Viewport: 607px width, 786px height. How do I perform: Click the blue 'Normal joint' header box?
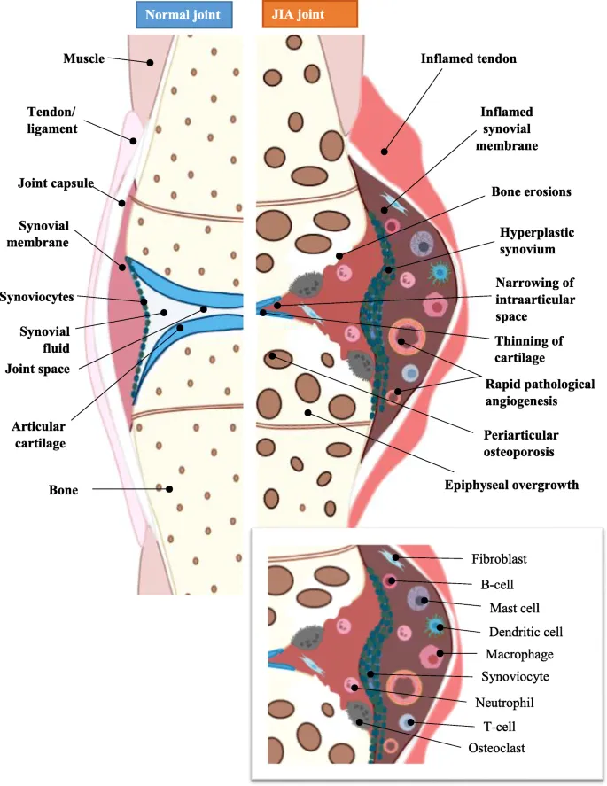(183, 14)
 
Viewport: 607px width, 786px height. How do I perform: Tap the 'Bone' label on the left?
(63, 489)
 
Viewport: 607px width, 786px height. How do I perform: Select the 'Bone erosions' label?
(531, 191)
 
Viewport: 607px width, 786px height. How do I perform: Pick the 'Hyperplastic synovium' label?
(537, 241)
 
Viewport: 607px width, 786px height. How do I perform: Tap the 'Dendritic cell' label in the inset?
(525, 632)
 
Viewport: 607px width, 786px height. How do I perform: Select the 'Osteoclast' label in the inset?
(497, 748)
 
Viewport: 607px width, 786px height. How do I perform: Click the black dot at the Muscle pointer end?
(151, 63)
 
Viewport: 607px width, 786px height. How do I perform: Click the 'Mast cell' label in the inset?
(514, 608)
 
